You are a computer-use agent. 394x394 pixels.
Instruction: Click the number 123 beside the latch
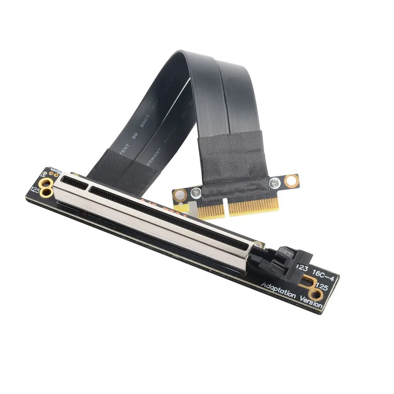pos(302,268)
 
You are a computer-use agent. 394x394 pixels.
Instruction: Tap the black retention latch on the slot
pos(287,260)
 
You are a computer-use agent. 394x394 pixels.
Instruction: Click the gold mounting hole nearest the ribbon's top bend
pos(292,181)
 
